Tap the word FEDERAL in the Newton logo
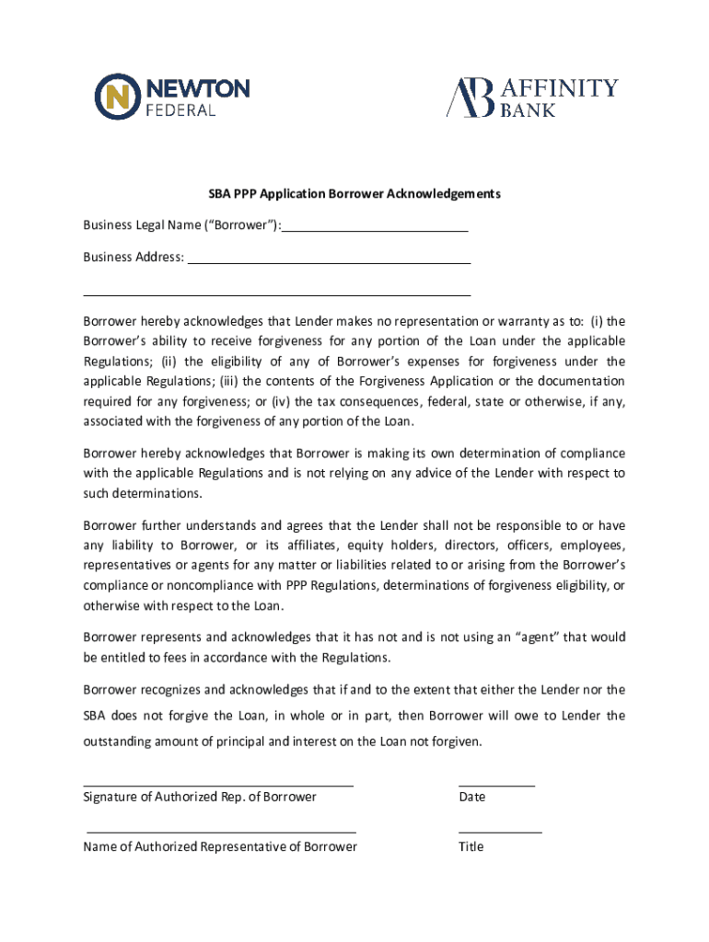tap(181, 110)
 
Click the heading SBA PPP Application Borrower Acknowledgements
tap(354, 194)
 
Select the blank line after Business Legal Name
tap(375, 231)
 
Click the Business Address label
tap(134, 257)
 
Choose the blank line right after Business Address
tap(329, 263)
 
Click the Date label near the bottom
tap(471, 797)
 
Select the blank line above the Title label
tap(500, 832)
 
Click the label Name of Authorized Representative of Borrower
tap(220, 846)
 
